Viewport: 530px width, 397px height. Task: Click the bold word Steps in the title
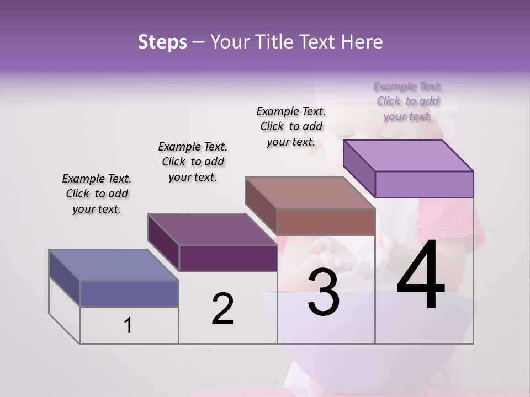point(162,42)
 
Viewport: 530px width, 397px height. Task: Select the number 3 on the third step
point(324,292)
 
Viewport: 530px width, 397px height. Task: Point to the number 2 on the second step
point(222,308)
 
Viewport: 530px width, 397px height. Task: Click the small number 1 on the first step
point(128,326)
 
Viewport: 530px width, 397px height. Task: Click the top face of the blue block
point(113,265)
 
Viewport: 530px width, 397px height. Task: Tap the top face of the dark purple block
point(212,229)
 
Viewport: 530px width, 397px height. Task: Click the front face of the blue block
point(129,293)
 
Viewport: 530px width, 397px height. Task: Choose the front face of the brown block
point(326,222)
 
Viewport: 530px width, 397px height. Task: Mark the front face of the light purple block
point(424,184)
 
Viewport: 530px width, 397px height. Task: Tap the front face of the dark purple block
point(227,258)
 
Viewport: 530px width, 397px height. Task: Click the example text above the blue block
point(96,194)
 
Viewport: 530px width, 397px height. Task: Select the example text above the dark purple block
point(193,162)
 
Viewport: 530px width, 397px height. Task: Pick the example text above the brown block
point(291,126)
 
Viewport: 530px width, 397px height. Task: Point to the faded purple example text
point(407,101)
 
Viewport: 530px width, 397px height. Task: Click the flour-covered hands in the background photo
point(342,256)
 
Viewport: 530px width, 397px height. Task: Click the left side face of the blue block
point(65,278)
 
